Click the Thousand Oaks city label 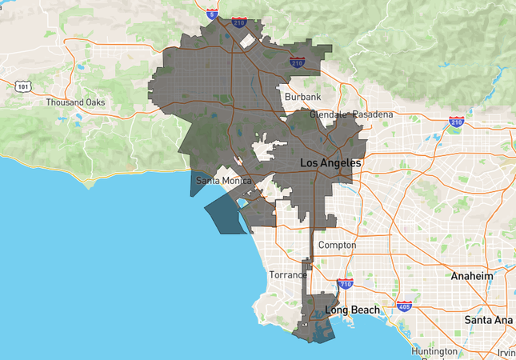[75, 102]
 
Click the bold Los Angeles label [330, 163]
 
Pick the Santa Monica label [224, 180]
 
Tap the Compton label [337, 244]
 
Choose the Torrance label [287, 274]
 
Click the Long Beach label [351, 310]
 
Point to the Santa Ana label [489, 319]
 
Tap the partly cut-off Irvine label [506, 353]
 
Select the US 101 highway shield [23, 86]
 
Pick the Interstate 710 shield [345, 284]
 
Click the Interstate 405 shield [404, 306]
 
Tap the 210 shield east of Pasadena [456, 122]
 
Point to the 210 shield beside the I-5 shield [239, 22]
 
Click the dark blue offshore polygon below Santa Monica [227, 214]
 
